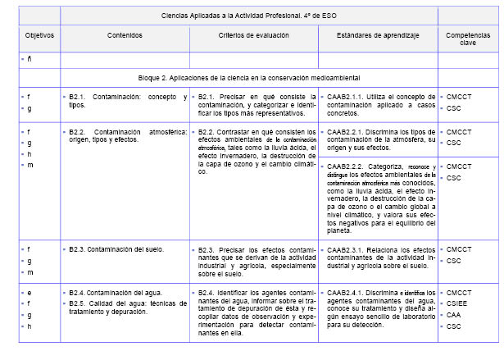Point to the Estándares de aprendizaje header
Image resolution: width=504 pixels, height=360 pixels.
(x=376, y=37)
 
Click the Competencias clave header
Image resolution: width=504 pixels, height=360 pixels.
(x=469, y=41)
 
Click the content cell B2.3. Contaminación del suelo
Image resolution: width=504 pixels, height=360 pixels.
(x=117, y=248)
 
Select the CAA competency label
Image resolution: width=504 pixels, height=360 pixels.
(x=454, y=315)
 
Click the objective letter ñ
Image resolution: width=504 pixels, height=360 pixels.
(x=30, y=60)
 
